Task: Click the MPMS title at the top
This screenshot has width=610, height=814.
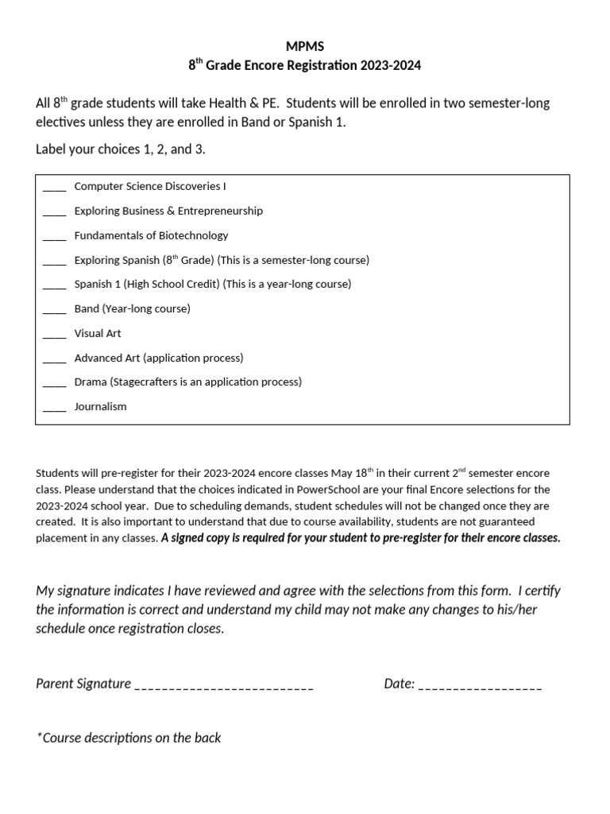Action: tap(305, 47)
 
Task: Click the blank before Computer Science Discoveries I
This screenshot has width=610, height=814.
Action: tap(54, 188)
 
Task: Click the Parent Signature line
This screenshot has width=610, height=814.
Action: tap(224, 685)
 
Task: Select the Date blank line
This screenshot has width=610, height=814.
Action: tap(480, 685)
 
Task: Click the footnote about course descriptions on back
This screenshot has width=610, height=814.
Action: tap(129, 738)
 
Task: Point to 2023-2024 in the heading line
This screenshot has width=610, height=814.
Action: tap(389, 66)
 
